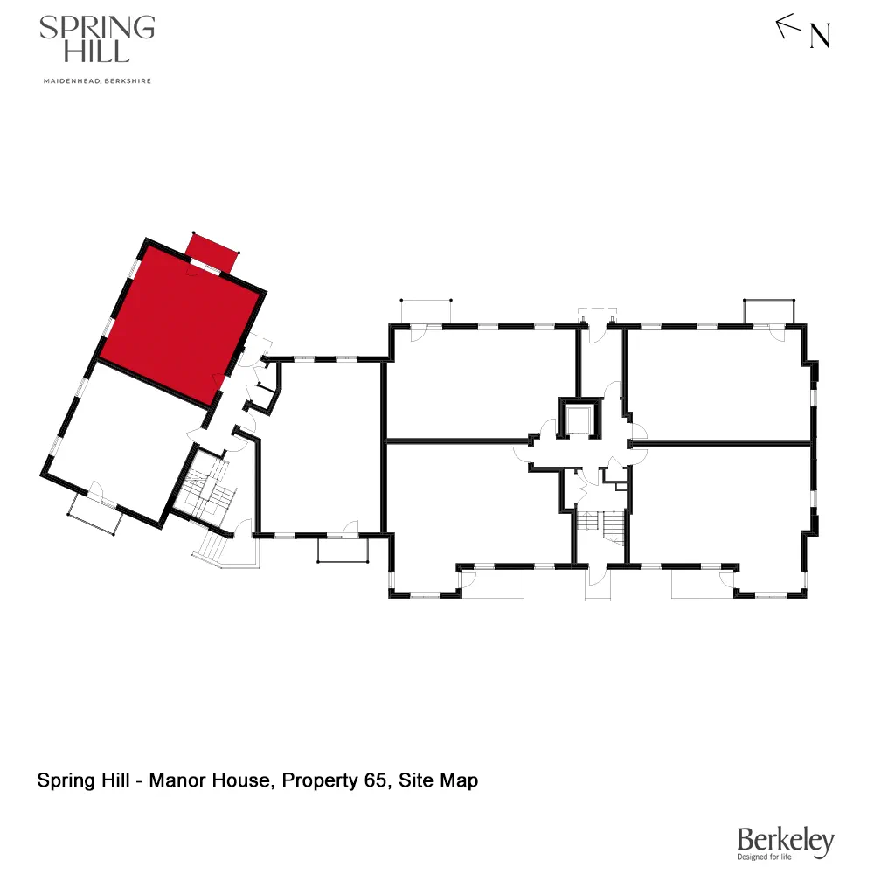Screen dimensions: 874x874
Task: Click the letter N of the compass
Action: [820, 36]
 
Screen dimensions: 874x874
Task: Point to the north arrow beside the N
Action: [788, 26]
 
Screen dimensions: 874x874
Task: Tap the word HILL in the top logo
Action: [96, 52]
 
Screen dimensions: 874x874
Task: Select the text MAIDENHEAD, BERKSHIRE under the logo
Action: [96, 81]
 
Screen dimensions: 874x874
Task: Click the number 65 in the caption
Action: [375, 780]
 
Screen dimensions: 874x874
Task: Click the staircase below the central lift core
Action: [601, 526]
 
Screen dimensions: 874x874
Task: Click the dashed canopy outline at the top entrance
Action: [599, 313]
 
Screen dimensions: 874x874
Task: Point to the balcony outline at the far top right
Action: [769, 310]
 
